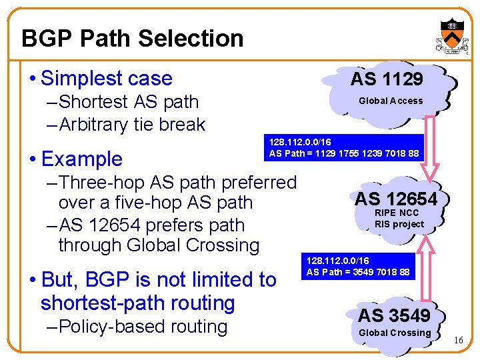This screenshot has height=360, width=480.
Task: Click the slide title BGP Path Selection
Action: point(132,38)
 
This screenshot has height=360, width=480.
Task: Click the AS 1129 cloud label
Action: point(387,79)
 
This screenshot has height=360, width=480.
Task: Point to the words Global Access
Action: point(391,101)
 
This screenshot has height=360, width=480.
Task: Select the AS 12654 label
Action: point(395,199)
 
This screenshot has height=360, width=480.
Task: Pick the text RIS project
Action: point(399,224)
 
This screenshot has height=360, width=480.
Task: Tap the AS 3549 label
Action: point(395,315)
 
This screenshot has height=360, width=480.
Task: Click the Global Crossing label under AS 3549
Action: point(395,333)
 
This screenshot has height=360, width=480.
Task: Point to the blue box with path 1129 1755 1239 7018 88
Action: point(344,148)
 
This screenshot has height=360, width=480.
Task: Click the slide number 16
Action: point(458,341)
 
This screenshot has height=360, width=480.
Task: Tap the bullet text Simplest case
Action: point(107,78)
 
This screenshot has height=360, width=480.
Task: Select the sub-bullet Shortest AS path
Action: point(128,102)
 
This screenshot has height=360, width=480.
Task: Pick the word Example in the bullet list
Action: point(81,159)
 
